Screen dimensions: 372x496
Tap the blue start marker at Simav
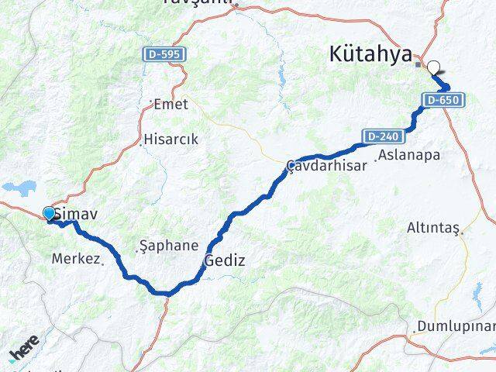tap(50, 213)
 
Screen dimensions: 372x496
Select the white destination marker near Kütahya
tap(433, 67)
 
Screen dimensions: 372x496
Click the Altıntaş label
tap(433, 229)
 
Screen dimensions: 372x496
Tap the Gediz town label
tap(225, 261)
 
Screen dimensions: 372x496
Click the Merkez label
tap(76, 259)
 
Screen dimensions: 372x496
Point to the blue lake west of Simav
tap(15, 188)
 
